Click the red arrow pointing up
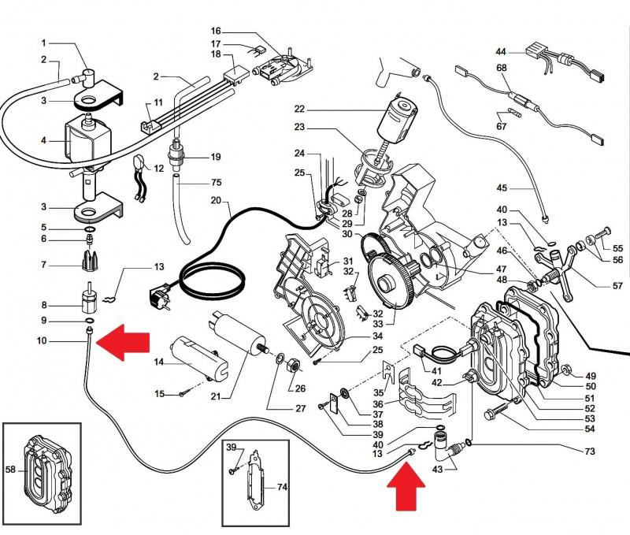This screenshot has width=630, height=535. coord(406,486)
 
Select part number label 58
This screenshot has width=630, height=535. coord(11,469)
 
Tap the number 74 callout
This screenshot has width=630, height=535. coord(282,487)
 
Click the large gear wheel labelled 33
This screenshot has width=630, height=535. coord(390,281)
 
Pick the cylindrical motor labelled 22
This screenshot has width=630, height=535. coord(398,121)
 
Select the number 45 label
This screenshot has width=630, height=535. coord(502,188)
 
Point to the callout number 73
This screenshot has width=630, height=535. coord(589,451)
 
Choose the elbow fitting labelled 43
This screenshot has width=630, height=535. coord(441,445)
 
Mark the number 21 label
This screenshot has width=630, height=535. coord(216,397)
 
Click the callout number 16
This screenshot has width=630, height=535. coord(216,32)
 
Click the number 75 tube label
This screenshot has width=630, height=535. coord(216,183)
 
